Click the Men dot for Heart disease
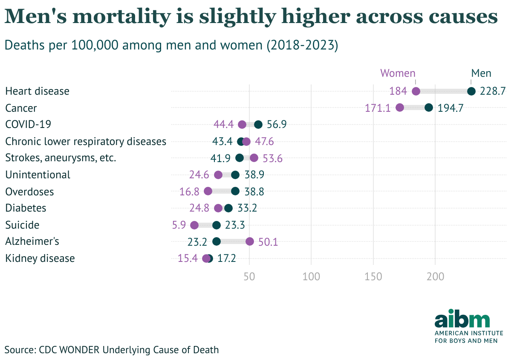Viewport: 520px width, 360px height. [471, 91]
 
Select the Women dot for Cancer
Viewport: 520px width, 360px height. [399, 107]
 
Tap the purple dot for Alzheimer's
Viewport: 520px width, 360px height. [250, 241]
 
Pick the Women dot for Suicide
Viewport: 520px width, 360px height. [194, 225]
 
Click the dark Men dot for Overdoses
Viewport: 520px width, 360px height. [235, 191]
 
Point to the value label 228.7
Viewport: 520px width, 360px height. [492, 91]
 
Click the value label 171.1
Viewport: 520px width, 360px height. [378, 108]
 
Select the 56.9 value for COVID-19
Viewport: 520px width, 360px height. [277, 125]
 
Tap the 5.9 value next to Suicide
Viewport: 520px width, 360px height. [179, 225]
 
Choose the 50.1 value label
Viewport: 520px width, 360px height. [268, 242]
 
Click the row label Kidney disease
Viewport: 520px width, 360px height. [40, 258]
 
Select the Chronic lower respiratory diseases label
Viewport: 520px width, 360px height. [86, 141]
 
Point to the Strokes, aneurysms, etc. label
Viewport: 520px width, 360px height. [61, 158]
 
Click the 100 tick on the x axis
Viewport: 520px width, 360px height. [311, 276]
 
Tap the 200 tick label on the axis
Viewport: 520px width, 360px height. [435, 276]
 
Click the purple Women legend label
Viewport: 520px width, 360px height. [398, 73]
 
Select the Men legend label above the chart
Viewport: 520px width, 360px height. [481, 73]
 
